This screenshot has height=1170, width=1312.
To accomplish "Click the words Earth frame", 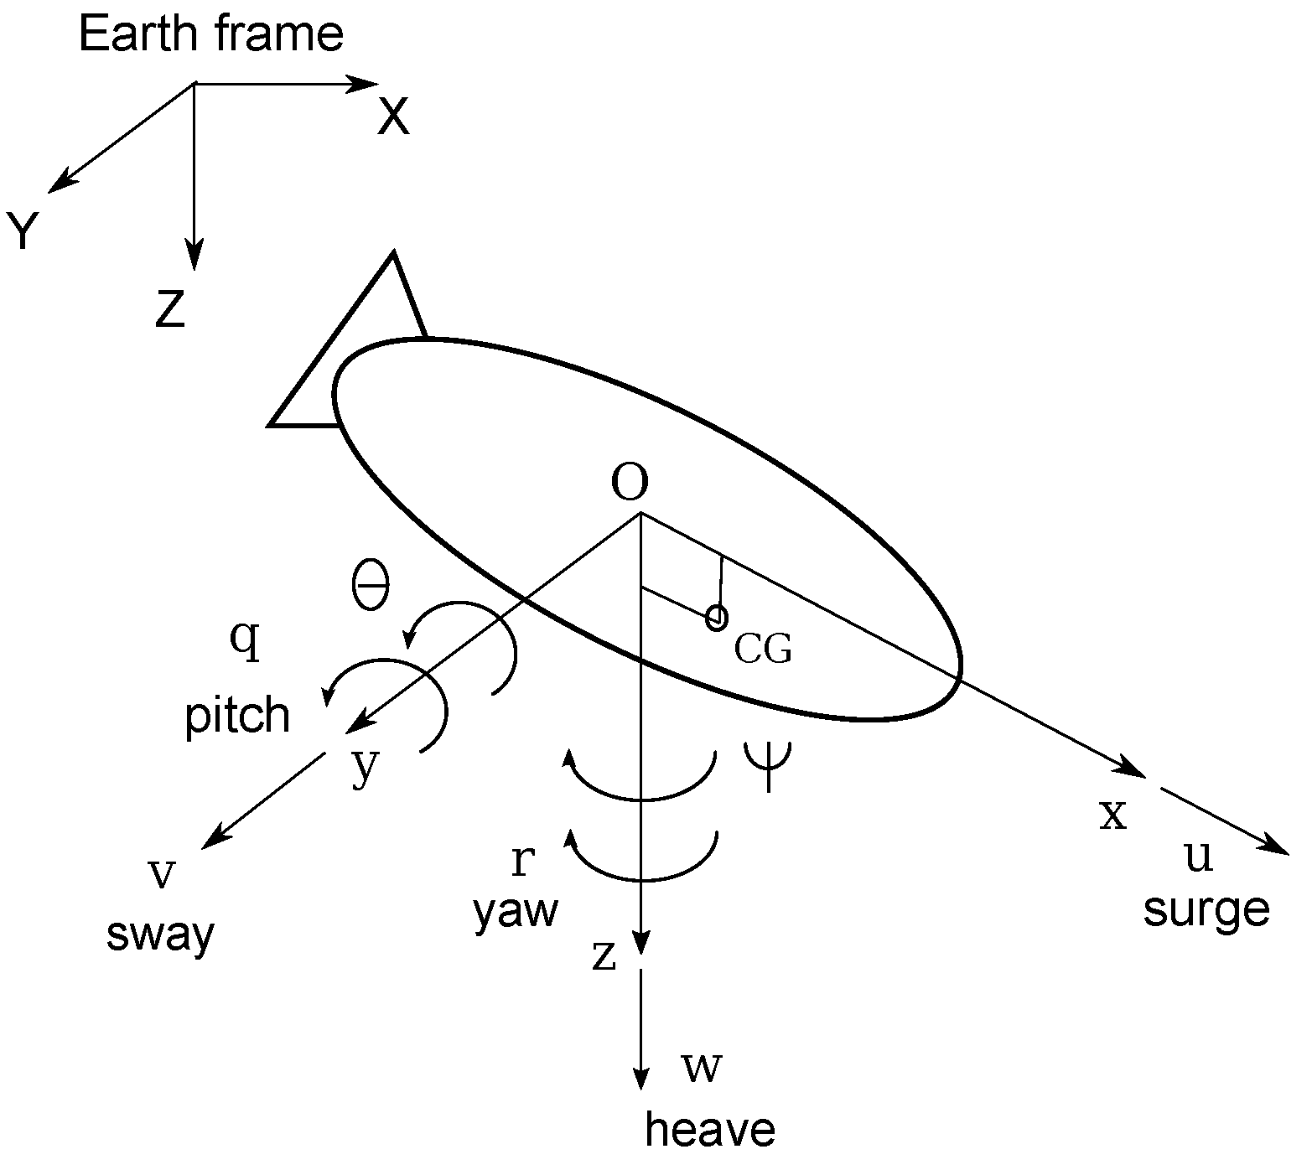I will coord(211,35).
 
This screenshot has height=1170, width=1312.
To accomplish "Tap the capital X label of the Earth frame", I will coord(393,116).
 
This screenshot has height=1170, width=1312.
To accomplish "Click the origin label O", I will coord(630,483).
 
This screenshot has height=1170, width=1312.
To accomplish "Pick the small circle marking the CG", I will coord(716,618).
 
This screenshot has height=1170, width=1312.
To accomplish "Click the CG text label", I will coord(763,649).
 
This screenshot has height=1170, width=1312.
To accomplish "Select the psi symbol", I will coord(766,764).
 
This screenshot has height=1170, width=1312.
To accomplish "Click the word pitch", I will coord(237,717).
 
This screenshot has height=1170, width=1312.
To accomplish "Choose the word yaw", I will coord(516,911).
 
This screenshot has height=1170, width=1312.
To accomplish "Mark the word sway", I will coord(160,934).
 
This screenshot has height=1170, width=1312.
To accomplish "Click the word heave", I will coord(710,1131).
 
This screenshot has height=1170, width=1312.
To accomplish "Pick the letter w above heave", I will coord(702,1067).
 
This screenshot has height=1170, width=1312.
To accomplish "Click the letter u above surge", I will coord(1198,857).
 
